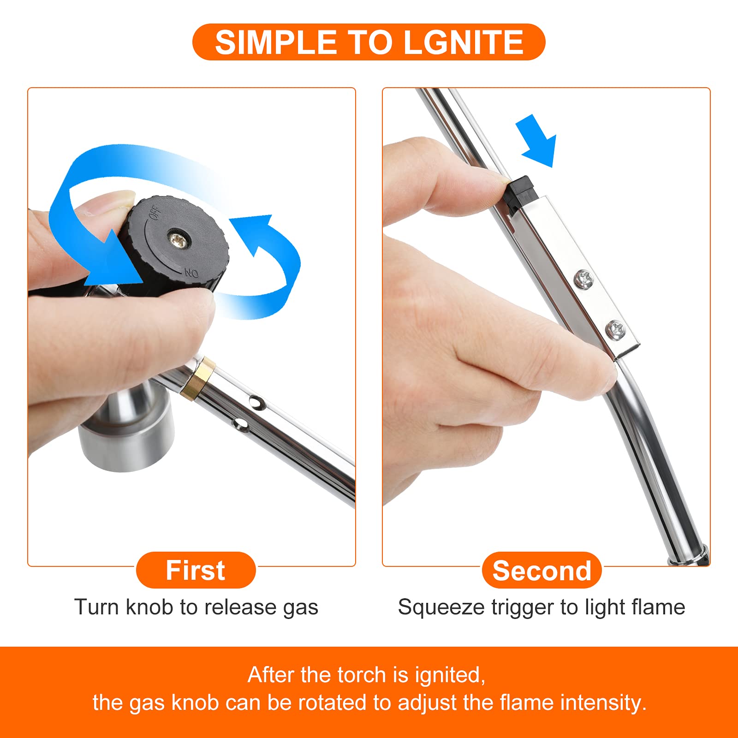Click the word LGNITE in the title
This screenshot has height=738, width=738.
[x=463, y=42]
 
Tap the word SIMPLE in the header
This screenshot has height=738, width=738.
[x=275, y=42]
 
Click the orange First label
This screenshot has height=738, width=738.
[x=196, y=570]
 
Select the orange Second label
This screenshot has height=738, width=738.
[x=542, y=571]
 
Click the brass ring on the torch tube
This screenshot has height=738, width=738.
[x=198, y=378]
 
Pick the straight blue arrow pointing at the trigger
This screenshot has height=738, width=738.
[x=537, y=140]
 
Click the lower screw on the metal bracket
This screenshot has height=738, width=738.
[x=615, y=329]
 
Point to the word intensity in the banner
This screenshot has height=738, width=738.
[x=603, y=702]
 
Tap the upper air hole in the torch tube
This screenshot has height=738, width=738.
[x=256, y=403]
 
